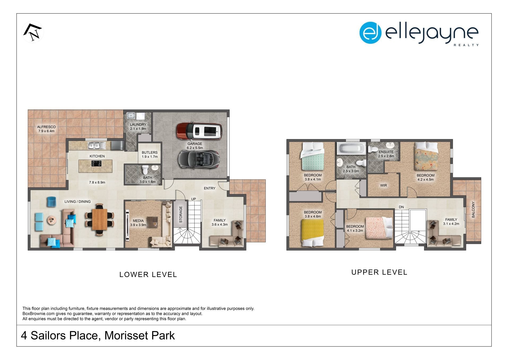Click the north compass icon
click(x=33, y=32)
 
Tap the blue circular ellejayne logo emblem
click(x=370, y=33)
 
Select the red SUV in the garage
click(x=199, y=131)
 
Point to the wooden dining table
click(x=99, y=219)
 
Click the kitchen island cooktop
click(x=96, y=164)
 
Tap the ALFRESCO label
click(x=46, y=127)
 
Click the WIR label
click(x=384, y=185)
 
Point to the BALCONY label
click(x=473, y=210)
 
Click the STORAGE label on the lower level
click(x=181, y=214)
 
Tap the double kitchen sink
click(x=97, y=145)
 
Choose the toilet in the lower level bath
click(x=145, y=170)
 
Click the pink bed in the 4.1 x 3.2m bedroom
click(x=379, y=228)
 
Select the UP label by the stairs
click(x=194, y=199)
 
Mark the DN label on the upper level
click(x=401, y=207)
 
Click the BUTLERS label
click(x=150, y=152)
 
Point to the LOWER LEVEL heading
click(x=148, y=275)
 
